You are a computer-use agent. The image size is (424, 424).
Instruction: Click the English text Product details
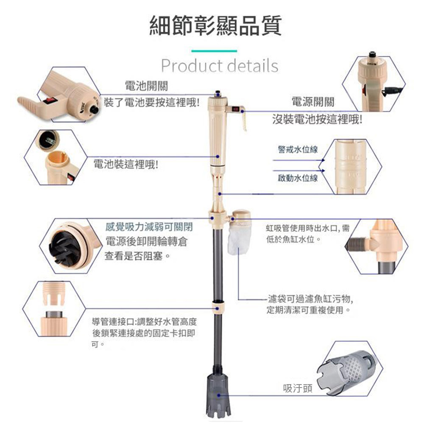220,66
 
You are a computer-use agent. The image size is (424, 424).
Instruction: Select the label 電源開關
313,102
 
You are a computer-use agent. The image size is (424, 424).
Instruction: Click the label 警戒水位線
297,149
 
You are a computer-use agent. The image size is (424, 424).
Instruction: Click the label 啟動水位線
297,178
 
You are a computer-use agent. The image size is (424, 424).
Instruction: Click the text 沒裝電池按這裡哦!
317,120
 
